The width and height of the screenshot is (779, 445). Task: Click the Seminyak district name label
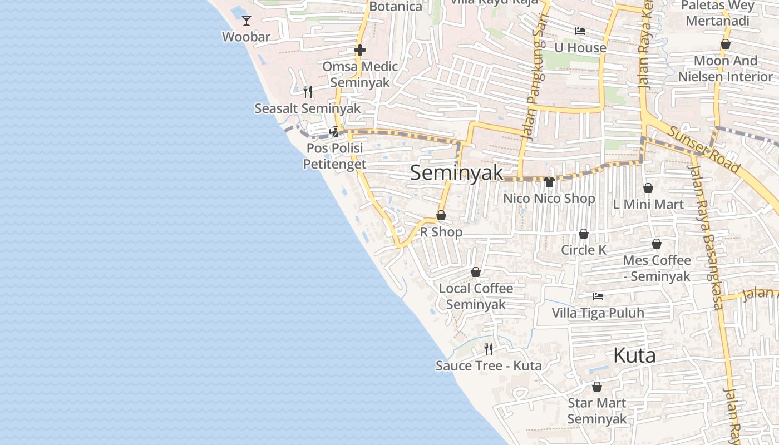(456, 172)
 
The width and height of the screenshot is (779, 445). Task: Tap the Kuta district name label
(634, 355)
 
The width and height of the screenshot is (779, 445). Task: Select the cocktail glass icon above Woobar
(246, 21)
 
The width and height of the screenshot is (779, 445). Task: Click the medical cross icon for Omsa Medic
(360, 50)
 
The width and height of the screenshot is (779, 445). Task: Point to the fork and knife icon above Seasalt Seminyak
(307, 91)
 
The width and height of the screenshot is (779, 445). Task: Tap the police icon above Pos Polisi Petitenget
(334, 132)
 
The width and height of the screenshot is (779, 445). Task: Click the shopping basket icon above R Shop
(441, 215)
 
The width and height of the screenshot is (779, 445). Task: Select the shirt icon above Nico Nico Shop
(549, 182)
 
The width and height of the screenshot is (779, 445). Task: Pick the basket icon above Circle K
(584, 234)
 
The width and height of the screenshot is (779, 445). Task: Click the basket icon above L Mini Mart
(648, 188)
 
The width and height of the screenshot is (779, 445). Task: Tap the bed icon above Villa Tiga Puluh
(598, 296)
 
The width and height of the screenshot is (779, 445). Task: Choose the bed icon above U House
(580, 31)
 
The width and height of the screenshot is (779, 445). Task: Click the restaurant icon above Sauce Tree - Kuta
(489, 349)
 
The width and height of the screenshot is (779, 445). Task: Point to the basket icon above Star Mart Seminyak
(597, 387)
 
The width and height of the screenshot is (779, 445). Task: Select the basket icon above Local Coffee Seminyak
(476, 272)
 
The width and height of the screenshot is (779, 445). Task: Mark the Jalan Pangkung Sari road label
(533, 78)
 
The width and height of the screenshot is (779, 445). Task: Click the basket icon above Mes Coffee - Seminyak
(657, 244)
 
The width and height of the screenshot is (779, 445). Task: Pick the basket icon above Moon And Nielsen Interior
(726, 44)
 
